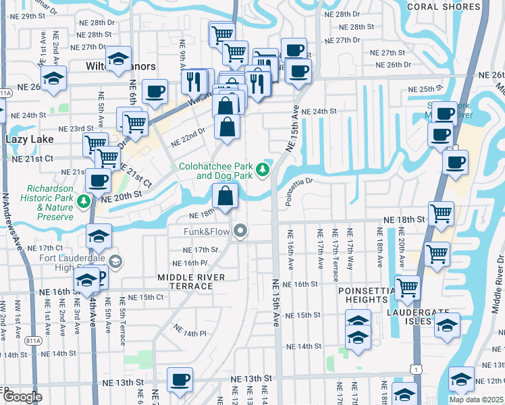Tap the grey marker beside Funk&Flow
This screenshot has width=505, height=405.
(241, 233)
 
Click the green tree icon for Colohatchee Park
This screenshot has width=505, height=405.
(267, 170)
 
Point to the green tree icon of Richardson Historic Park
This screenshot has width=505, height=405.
(83, 200)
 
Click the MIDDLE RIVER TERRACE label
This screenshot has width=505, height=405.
(185, 281)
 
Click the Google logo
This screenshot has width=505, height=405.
(22, 397)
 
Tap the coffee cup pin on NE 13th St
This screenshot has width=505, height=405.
(180, 379)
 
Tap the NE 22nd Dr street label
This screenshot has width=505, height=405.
(188, 137)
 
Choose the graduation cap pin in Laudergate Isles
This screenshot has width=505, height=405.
(447, 325)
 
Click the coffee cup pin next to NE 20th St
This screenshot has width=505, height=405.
(99, 180)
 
